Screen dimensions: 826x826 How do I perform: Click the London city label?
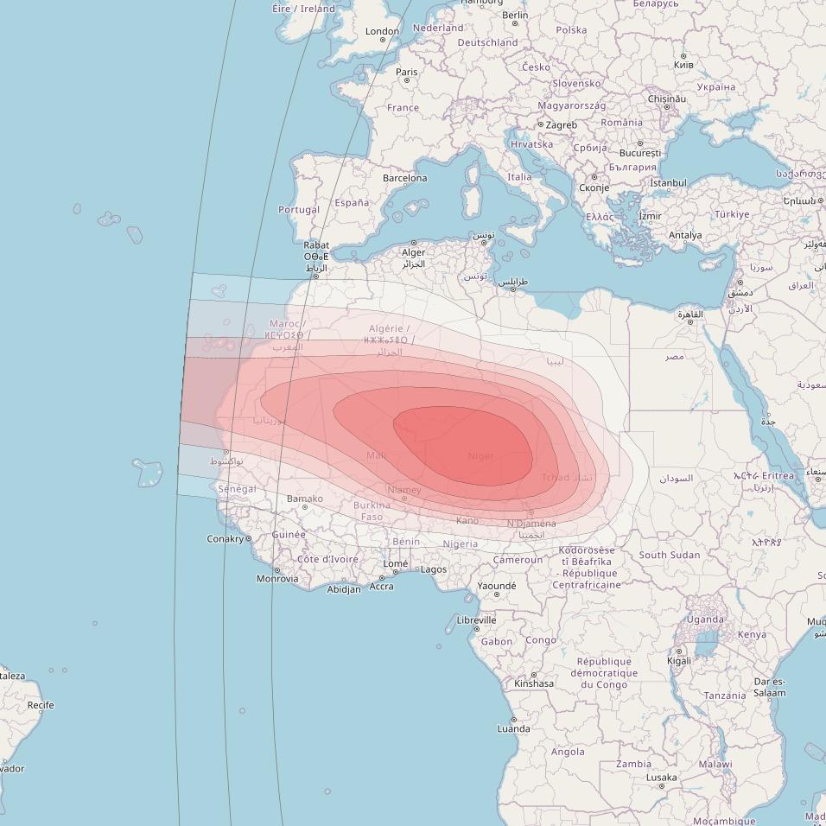tap(382, 31)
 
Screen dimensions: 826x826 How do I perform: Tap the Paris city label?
tap(406, 73)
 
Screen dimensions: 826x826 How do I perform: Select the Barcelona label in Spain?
tap(404, 179)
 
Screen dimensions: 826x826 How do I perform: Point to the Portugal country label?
tap(299, 209)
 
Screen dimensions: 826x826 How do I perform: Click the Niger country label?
tap(480, 456)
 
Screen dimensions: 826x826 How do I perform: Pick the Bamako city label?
tap(305, 499)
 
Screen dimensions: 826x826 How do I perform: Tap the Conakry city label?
tap(225, 538)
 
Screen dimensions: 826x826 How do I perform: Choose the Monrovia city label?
tap(277, 579)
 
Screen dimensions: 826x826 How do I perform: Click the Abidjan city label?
tap(344, 590)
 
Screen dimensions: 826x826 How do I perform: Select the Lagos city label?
tap(434, 569)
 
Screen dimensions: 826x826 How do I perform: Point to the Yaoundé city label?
tap(497, 586)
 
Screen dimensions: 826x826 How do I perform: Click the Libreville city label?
tap(476, 619)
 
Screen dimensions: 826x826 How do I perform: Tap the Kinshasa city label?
tap(534, 683)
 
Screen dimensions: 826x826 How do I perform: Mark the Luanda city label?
tap(513, 728)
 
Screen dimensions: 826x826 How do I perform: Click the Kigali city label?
tap(679, 661)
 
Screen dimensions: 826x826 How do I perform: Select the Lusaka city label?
tap(661, 777)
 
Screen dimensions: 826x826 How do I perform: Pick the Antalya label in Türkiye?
tap(685, 235)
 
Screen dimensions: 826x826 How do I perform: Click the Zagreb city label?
tap(562, 125)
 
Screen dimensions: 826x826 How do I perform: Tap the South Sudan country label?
tap(670, 555)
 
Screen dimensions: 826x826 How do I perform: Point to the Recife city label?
tap(40, 705)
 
